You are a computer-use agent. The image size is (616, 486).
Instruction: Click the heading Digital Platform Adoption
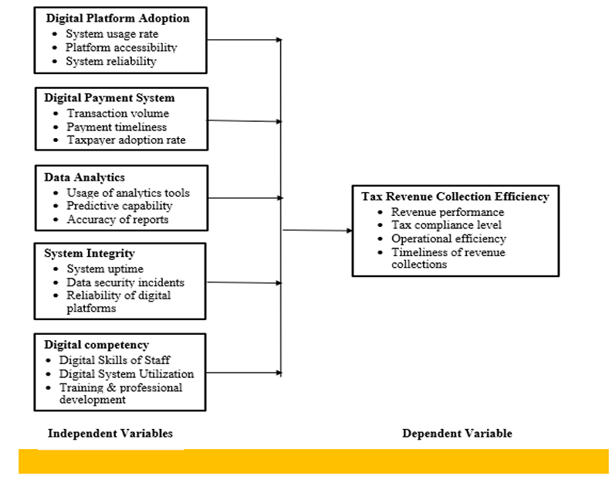pos(117,19)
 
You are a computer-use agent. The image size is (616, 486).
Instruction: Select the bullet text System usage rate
pos(112,34)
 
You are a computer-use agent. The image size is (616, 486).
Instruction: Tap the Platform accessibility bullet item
pos(121,48)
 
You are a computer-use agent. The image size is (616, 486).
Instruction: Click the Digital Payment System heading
pos(109,98)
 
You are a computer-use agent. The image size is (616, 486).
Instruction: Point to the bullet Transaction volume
pos(118,113)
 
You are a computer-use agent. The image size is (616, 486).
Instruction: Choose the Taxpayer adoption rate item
pos(126,140)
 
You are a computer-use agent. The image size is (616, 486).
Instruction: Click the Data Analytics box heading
pos(84,177)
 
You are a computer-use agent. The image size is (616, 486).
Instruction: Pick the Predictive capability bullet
pos(120,206)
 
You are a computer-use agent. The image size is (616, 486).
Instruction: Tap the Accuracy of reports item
pos(117,219)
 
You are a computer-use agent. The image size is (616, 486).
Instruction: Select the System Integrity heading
pos(90,254)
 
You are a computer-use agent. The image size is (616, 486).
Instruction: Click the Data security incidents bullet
pos(125,282)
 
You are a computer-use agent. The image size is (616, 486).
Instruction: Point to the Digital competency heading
pos(96,345)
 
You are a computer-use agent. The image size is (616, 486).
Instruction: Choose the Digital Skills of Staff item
pos(114,360)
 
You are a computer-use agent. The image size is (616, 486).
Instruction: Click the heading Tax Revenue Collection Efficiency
pos(455,196)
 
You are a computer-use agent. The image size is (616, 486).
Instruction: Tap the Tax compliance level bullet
pos(446,225)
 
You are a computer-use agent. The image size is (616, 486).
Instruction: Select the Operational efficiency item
pos(448,238)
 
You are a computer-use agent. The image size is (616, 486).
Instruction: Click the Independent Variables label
pos(110,434)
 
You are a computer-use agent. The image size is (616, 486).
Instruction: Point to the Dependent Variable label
pos(457,434)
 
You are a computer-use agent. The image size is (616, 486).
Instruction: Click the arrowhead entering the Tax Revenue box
pos(349,231)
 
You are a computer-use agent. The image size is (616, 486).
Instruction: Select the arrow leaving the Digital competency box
pos(244,373)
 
